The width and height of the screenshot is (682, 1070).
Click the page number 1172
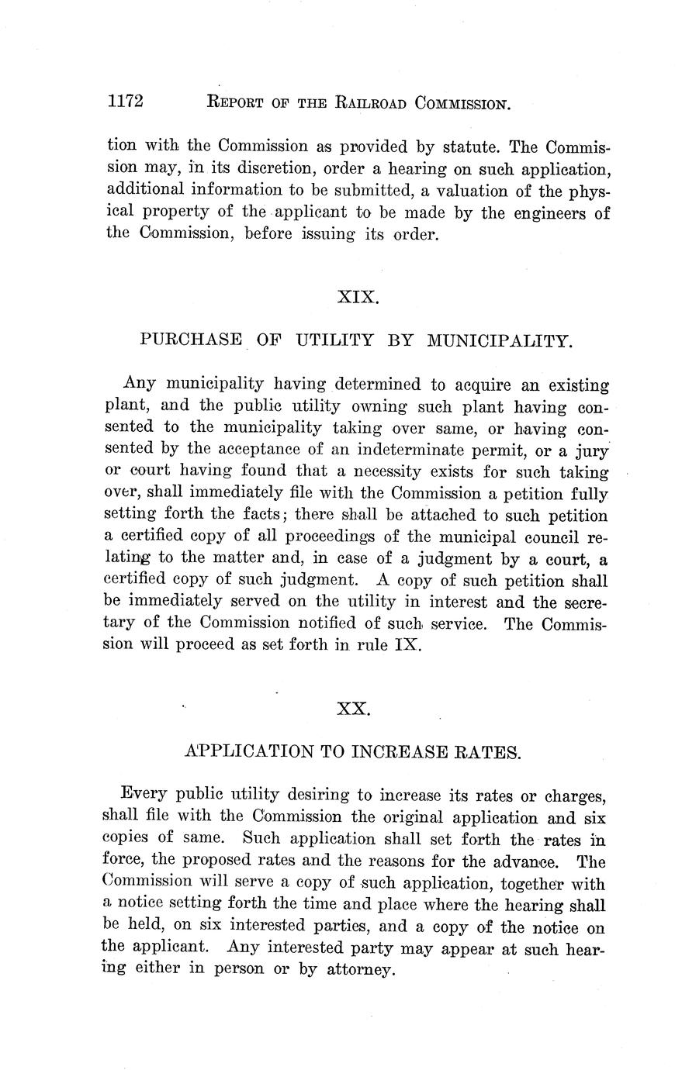click(x=126, y=102)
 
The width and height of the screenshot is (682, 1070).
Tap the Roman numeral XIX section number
click(x=358, y=296)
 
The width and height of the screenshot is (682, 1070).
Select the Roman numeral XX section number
click(x=353, y=708)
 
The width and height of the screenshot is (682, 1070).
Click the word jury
click(x=591, y=450)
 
